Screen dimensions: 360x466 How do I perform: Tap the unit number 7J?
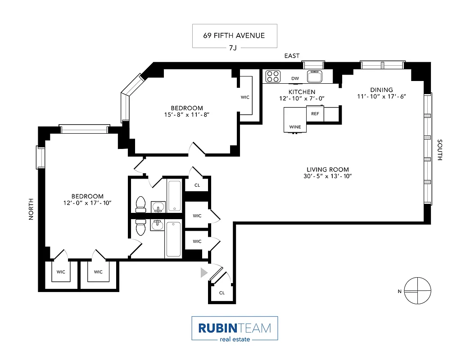[233, 48]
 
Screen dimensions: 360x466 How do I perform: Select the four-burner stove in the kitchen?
[272, 76]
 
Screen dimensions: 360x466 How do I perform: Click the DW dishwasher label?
[295, 78]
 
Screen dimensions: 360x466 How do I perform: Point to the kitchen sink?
[315, 76]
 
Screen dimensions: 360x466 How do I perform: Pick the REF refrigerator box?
[315, 114]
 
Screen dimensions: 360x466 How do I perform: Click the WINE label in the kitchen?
[295, 127]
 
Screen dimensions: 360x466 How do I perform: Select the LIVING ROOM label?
[327, 170]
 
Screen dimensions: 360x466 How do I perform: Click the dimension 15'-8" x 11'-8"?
[186, 115]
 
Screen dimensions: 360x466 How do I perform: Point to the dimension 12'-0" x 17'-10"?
[87, 203]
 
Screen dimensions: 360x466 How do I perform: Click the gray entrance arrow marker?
[204, 272]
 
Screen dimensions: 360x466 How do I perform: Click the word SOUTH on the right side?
[440, 150]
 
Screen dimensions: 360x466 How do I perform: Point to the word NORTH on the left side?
[31, 209]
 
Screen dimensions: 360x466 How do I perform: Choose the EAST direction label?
[291, 56]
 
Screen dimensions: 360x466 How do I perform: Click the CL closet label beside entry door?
[222, 292]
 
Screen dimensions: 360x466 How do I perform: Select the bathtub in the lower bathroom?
[173, 240]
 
